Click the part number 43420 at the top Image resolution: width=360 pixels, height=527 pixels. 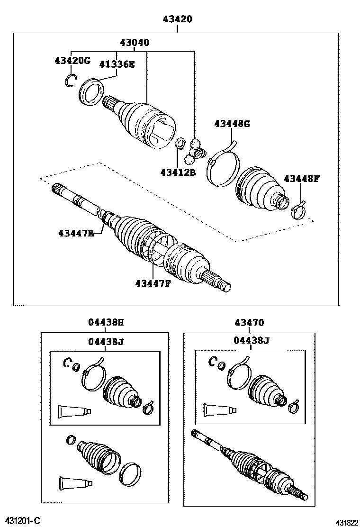[x=177, y=19]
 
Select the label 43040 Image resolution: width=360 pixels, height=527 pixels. [x=135, y=42]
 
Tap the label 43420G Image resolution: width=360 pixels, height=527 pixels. [x=72, y=61]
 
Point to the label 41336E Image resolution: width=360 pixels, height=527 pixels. [x=117, y=64]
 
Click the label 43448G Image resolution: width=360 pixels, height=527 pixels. [x=232, y=124]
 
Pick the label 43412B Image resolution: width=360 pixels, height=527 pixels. [x=178, y=173]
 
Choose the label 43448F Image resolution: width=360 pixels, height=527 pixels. [x=301, y=179]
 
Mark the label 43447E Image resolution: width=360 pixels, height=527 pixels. [x=76, y=233]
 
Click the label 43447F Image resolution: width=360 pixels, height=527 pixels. [x=153, y=284]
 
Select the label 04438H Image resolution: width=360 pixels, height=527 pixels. [x=106, y=322]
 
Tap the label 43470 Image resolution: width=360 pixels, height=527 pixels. [x=249, y=323]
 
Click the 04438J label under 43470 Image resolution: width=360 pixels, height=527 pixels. [x=252, y=341]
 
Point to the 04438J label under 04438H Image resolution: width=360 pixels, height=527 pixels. [x=106, y=342]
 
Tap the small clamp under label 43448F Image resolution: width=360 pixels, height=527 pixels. [x=298, y=210]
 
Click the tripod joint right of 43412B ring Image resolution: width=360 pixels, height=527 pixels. [x=194, y=151]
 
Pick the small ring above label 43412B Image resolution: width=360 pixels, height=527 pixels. [x=180, y=143]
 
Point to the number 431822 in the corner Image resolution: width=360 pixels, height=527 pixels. [x=347, y=523]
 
